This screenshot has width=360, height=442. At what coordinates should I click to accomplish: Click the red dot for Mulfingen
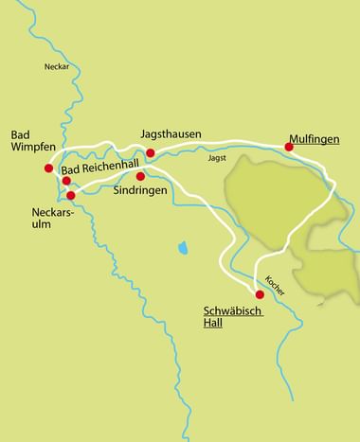tap(289, 147)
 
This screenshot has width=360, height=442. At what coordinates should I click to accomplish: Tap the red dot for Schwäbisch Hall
tap(260, 294)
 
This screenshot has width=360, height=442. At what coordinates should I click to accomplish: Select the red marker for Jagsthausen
tap(150, 152)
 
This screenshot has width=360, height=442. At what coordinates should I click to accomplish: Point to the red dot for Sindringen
tap(140, 176)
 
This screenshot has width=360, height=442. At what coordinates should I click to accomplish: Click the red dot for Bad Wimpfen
tap(48, 168)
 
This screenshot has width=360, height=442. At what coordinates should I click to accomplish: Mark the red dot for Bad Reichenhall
tap(66, 180)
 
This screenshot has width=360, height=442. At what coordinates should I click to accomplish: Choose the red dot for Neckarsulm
tap(71, 196)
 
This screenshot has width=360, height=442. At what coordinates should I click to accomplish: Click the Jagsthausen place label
tap(171, 134)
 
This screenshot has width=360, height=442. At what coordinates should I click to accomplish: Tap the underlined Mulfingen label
tap(314, 134)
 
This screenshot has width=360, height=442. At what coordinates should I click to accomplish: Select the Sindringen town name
tap(140, 190)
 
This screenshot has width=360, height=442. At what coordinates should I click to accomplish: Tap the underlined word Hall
tap(214, 324)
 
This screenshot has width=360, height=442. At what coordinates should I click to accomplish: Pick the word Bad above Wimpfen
tap(21, 134)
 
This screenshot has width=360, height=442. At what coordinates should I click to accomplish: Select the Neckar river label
tap(58, 66)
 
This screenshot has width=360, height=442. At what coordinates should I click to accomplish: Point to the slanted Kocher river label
tap(275, 284)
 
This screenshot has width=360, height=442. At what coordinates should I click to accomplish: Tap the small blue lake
tap(181, 248)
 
